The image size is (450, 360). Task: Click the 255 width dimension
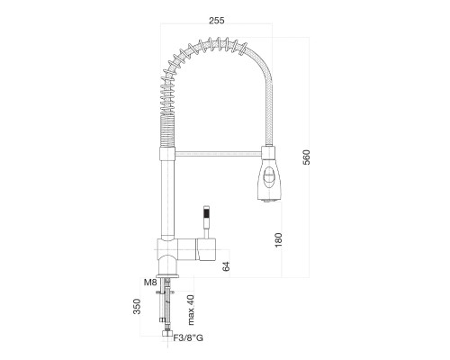point(217,21)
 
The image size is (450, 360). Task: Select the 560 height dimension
point(306,157)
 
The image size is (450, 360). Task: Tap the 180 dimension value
point(278,239)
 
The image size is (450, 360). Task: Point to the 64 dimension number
point(226,266)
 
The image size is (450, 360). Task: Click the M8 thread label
point(150,283)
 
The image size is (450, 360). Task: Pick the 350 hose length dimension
point(137,306)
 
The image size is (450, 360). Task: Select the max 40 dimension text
point(191,310)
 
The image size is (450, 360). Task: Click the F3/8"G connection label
point(188,337)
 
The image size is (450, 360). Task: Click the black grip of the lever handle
point(206,214)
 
